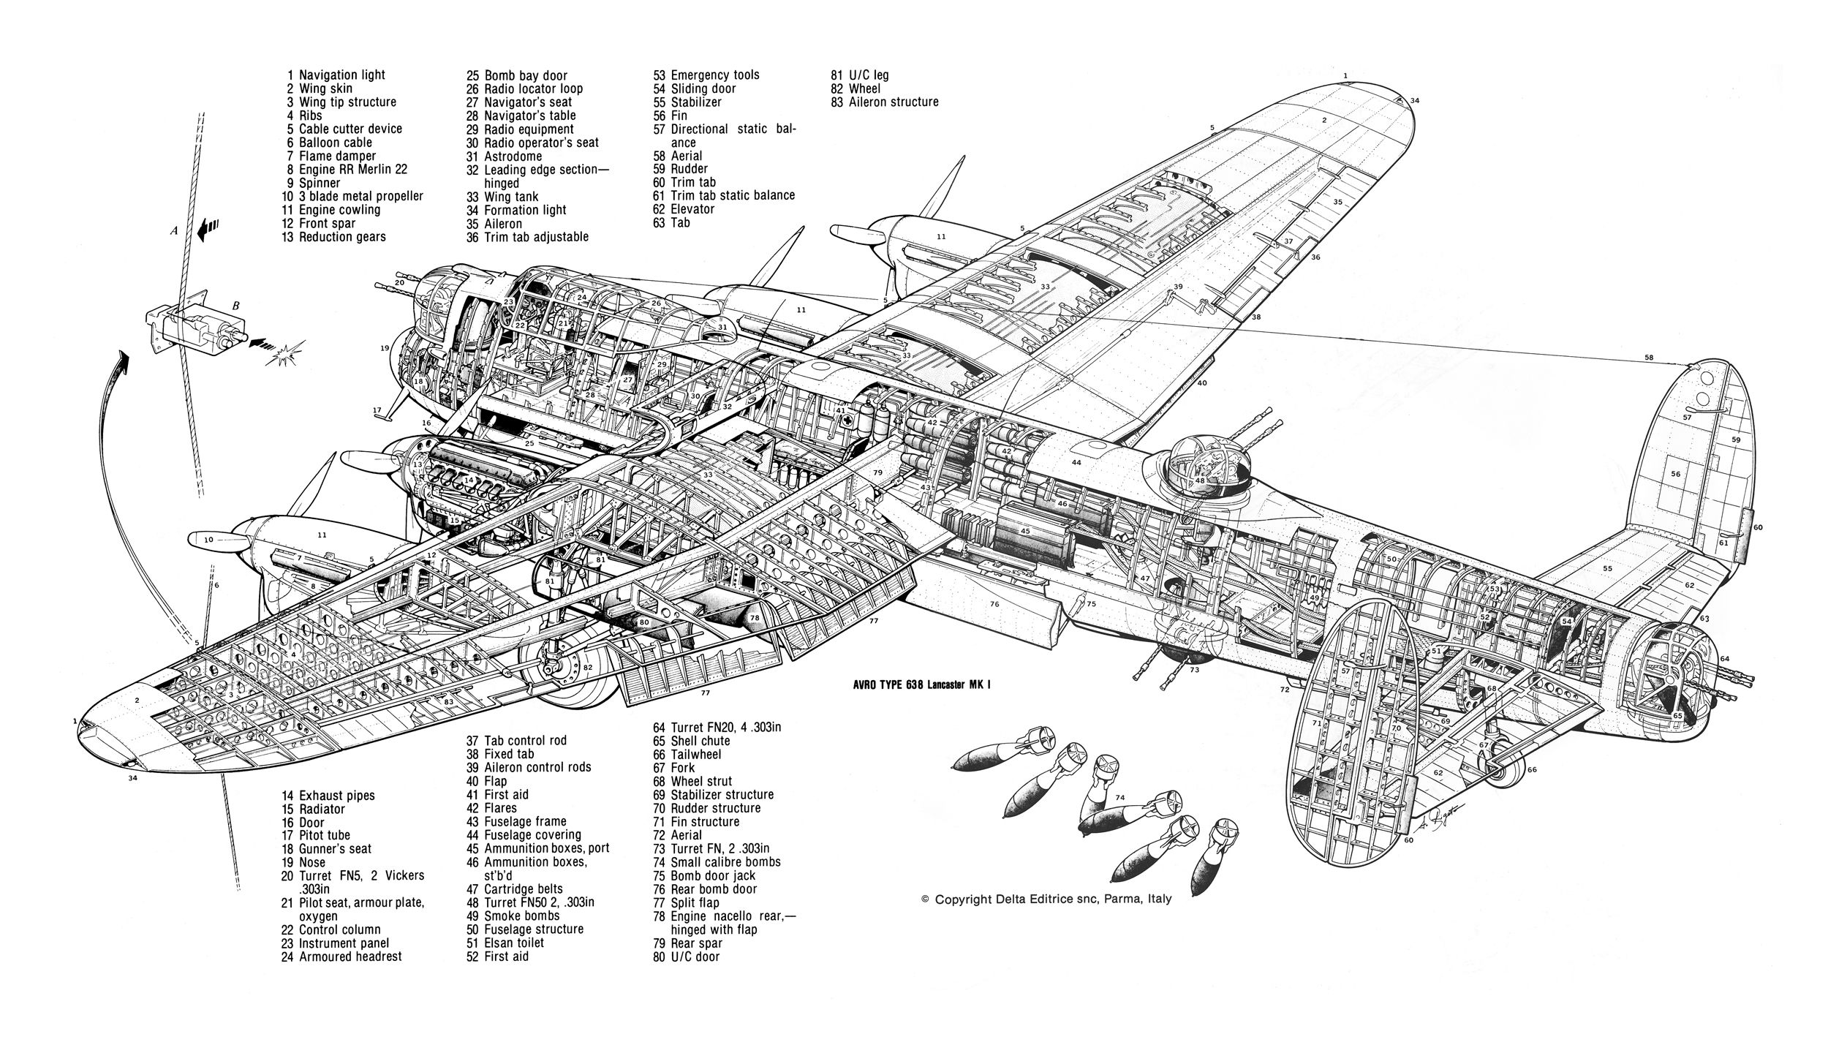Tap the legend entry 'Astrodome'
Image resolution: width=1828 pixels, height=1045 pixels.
click(513, 156)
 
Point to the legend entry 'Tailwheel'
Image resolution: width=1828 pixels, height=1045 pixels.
click(695, 754)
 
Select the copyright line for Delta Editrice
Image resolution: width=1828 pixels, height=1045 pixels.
click(1046, 899)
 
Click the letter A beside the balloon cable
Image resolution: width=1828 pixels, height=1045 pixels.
click(174, 230)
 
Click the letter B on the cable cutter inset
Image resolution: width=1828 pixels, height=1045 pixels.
click(236, 306)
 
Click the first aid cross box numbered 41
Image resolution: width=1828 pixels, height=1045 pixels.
click(842, 411)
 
